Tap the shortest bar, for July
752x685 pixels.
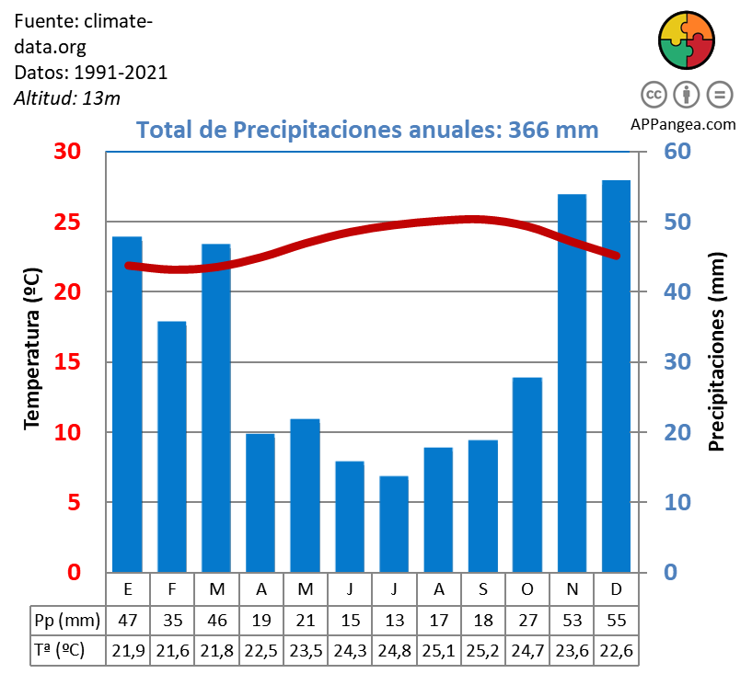coord(393,523)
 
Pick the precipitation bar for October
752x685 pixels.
coord(527,474)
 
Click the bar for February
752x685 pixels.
coord(172,446)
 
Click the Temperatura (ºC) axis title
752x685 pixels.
coord(32,348)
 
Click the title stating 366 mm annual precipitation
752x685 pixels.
coord(367,130)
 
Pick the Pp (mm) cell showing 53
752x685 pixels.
coord(572,619)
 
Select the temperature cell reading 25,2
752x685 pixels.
coord(482,650)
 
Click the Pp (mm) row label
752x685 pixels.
coord(66,619)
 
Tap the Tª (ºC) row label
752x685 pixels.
coord(60,650)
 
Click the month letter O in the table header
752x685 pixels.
coord(527,588)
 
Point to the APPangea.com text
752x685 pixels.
coord(683,124)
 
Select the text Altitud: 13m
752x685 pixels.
coord(67,97)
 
